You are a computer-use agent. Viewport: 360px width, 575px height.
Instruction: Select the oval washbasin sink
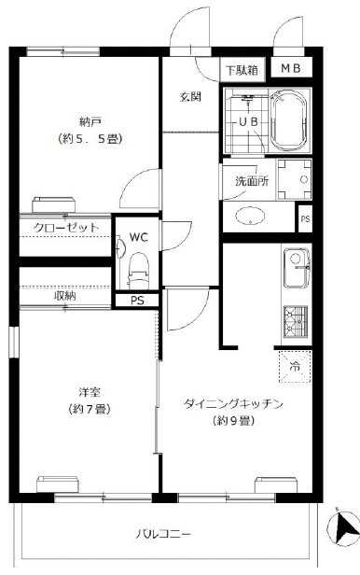[x=253, y=217]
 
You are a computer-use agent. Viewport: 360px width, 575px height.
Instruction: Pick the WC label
[x=138, y=237]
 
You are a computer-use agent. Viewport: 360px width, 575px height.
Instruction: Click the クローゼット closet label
[x=61, y=227]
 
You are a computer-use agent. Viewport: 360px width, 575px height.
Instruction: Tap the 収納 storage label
[x=64, y=295]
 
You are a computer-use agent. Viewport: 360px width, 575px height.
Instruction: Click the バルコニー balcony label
[x=164, y=535]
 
